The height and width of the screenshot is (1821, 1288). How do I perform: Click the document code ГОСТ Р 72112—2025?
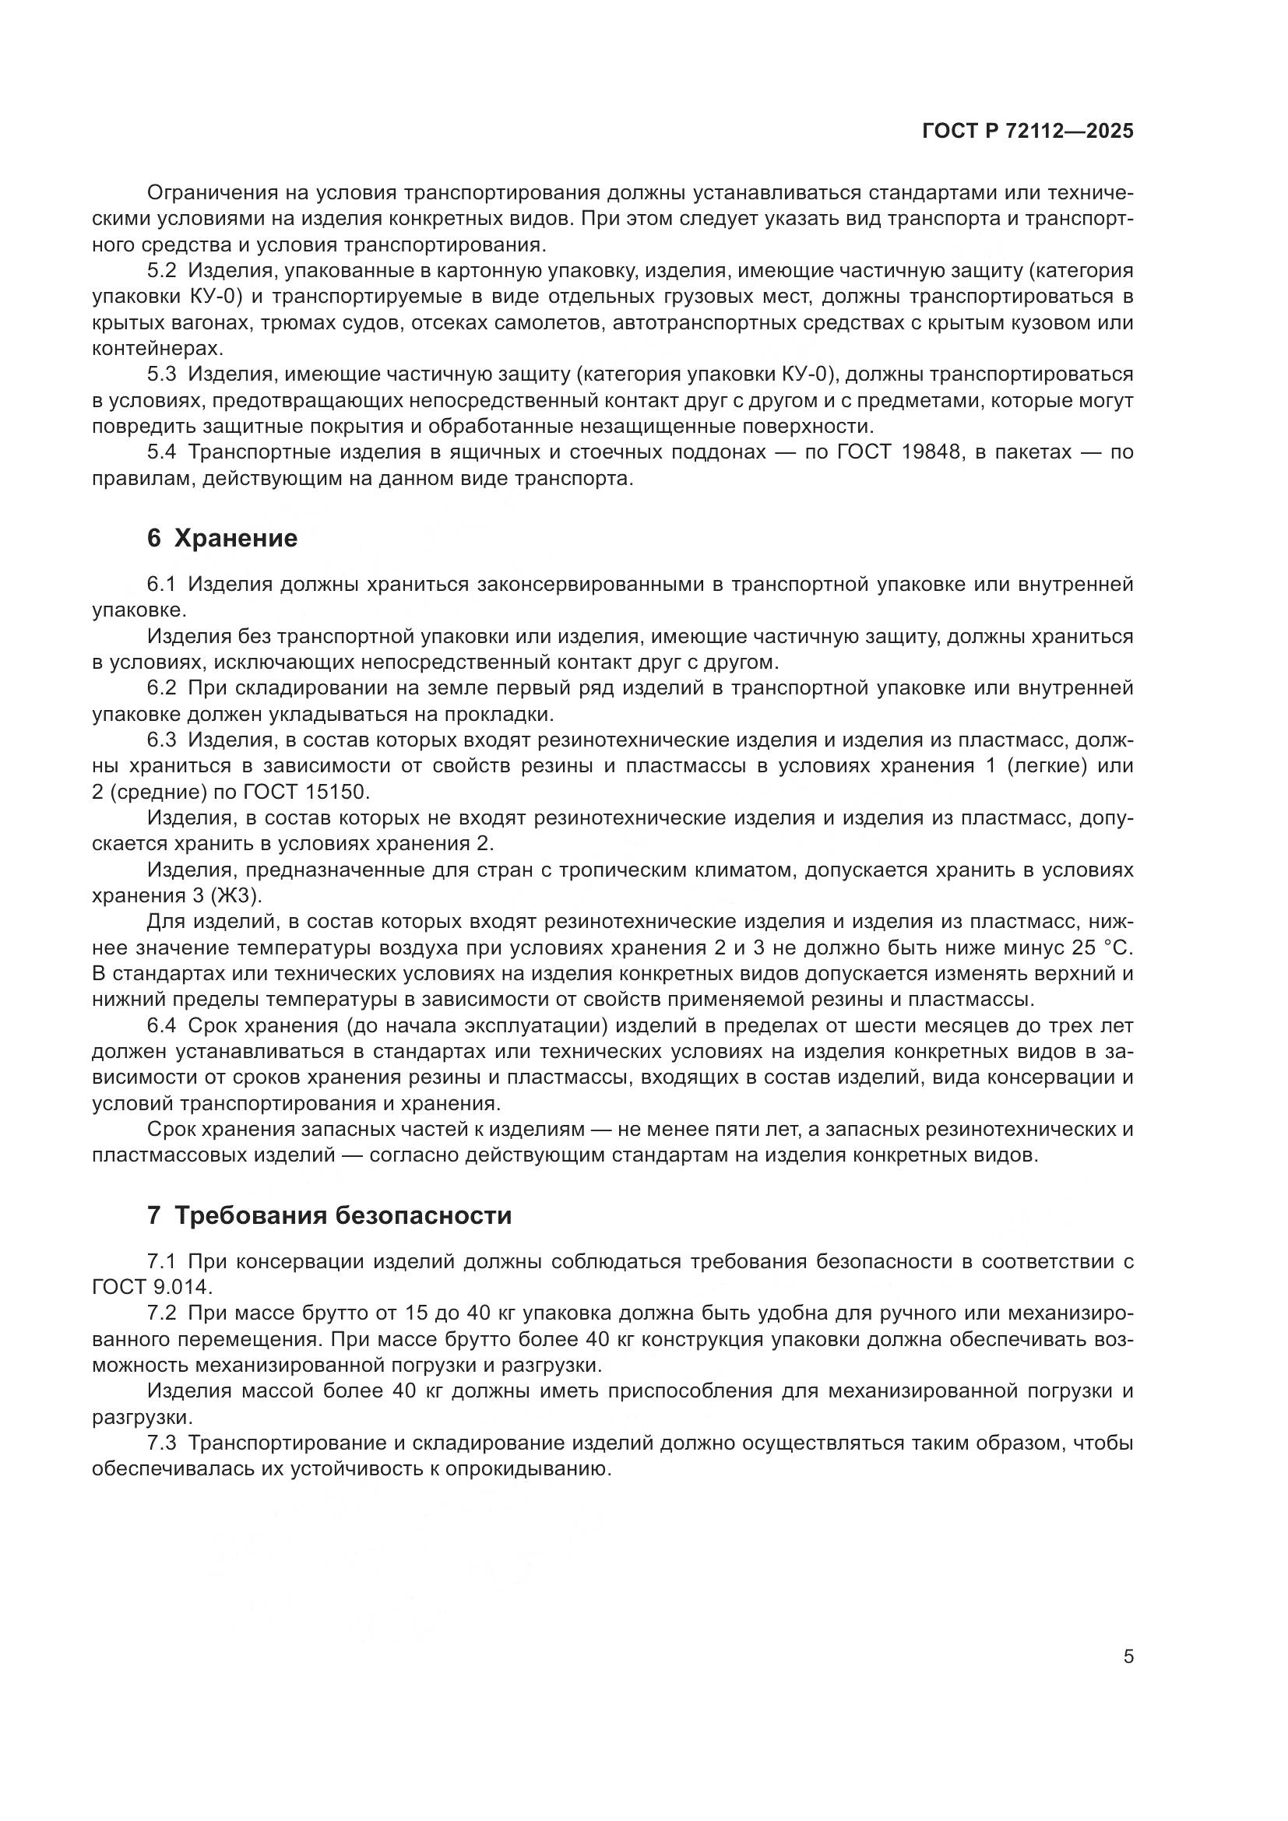[x=1028, y=132]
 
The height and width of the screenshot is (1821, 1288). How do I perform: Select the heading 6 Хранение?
[x=222, y=539]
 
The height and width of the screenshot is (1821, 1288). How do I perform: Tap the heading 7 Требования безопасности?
[x=329, y=1215]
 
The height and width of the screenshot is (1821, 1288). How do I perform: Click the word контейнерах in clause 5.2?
[x=156, y=349]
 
